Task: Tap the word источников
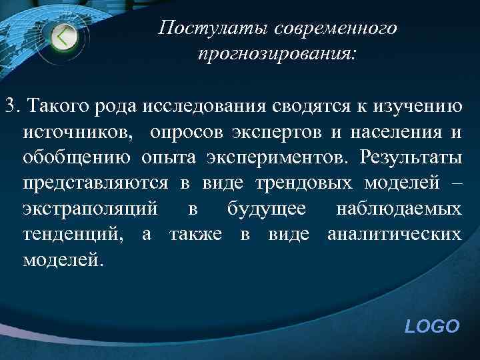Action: point(77,131)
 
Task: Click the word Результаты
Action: point(409,157)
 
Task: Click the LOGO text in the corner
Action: point(432,326)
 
